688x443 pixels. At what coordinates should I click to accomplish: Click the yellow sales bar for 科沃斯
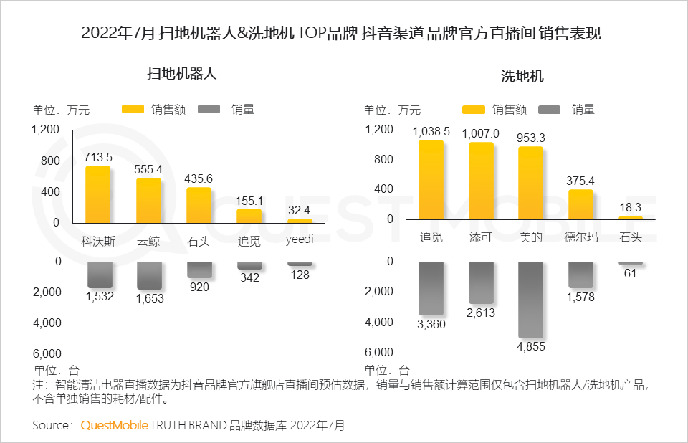[98, 194]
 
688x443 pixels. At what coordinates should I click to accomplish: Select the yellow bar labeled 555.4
[149, 200]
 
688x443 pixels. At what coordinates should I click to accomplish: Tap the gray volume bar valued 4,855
[530, 299]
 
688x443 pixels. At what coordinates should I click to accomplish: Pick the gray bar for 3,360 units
[431, 287]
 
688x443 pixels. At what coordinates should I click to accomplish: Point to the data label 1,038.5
[431, 131]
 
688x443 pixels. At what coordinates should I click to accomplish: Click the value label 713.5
[98, 157]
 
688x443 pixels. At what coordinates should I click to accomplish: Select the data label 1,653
[150, 298]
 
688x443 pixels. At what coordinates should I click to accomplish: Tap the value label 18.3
[631, 207]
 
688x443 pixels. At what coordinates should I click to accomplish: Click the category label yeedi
[300, 239]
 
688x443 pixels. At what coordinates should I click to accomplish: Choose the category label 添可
[480, 237]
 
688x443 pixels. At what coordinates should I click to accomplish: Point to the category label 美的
[530, 237]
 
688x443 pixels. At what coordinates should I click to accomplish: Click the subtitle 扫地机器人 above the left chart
[181, 73]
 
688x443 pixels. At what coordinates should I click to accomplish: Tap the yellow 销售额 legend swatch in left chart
[133, 110]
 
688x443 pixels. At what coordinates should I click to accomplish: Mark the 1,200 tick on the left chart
[45, 129]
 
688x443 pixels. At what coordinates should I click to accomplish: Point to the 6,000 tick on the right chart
[379, 353]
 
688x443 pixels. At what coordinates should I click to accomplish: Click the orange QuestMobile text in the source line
[114, 425]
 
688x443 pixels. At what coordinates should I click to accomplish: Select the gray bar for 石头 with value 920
[199, 269]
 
